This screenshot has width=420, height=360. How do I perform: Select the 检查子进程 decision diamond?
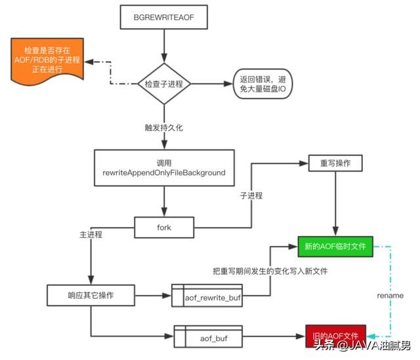163,84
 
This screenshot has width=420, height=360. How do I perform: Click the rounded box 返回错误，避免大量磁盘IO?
263,84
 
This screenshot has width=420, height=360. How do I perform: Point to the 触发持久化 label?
164,127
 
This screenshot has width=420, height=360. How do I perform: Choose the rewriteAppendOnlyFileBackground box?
163,168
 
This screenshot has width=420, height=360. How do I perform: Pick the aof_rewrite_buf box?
211,297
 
